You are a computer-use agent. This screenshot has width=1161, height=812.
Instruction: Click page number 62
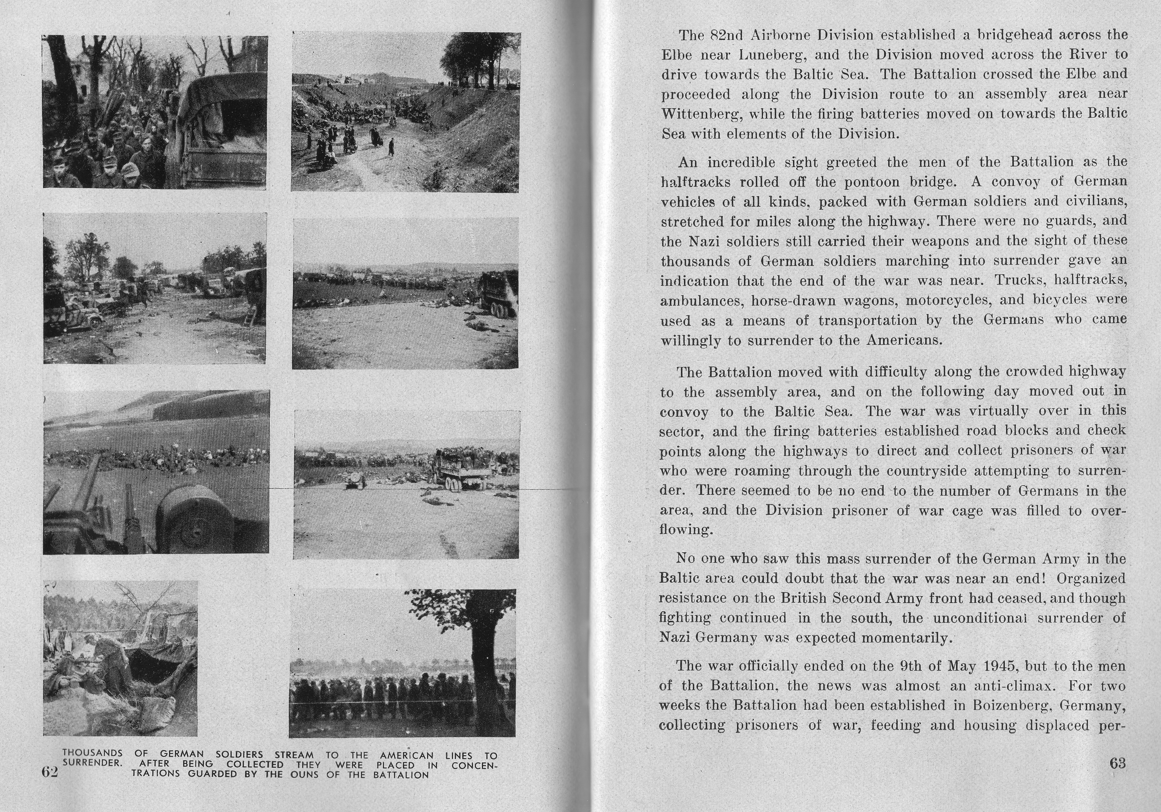click(50, 771)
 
